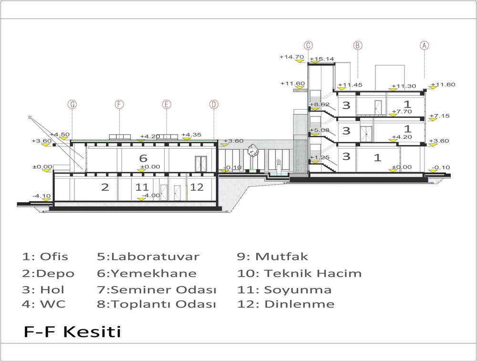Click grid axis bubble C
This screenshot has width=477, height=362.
(x=308, y=45)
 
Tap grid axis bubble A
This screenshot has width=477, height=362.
(x=424, y=45)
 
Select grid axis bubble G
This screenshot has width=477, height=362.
(x=72, y=104)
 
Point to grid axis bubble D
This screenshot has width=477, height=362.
(x=214, y=104)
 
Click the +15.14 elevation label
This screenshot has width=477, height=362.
(x=322, y=59)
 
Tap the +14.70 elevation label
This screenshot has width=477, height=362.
(x=292, y=57)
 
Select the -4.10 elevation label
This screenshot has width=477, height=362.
(x=41, y=196)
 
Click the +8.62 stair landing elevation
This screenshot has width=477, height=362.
(x=320, y=104)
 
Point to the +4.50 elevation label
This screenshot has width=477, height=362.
(x=60, y=134)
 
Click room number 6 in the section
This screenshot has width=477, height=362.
(x=143, y=158)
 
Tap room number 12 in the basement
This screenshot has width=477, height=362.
(x=197, y=187)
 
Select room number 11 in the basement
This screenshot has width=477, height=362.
(x=142, y=187)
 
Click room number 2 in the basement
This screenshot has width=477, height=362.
(x=105, y=187)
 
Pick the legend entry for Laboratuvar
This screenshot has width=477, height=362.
(x=148, y=257)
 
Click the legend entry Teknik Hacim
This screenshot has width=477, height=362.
(x=300, y=273)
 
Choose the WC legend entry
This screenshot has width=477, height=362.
(x=43, y=304)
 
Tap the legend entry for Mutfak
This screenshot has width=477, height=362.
(x=272, y=257)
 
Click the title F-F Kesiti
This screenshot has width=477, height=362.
(x=73, y=331)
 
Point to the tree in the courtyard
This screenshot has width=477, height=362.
(x=252, y=151)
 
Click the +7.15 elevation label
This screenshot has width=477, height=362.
(x=439, y=115)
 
